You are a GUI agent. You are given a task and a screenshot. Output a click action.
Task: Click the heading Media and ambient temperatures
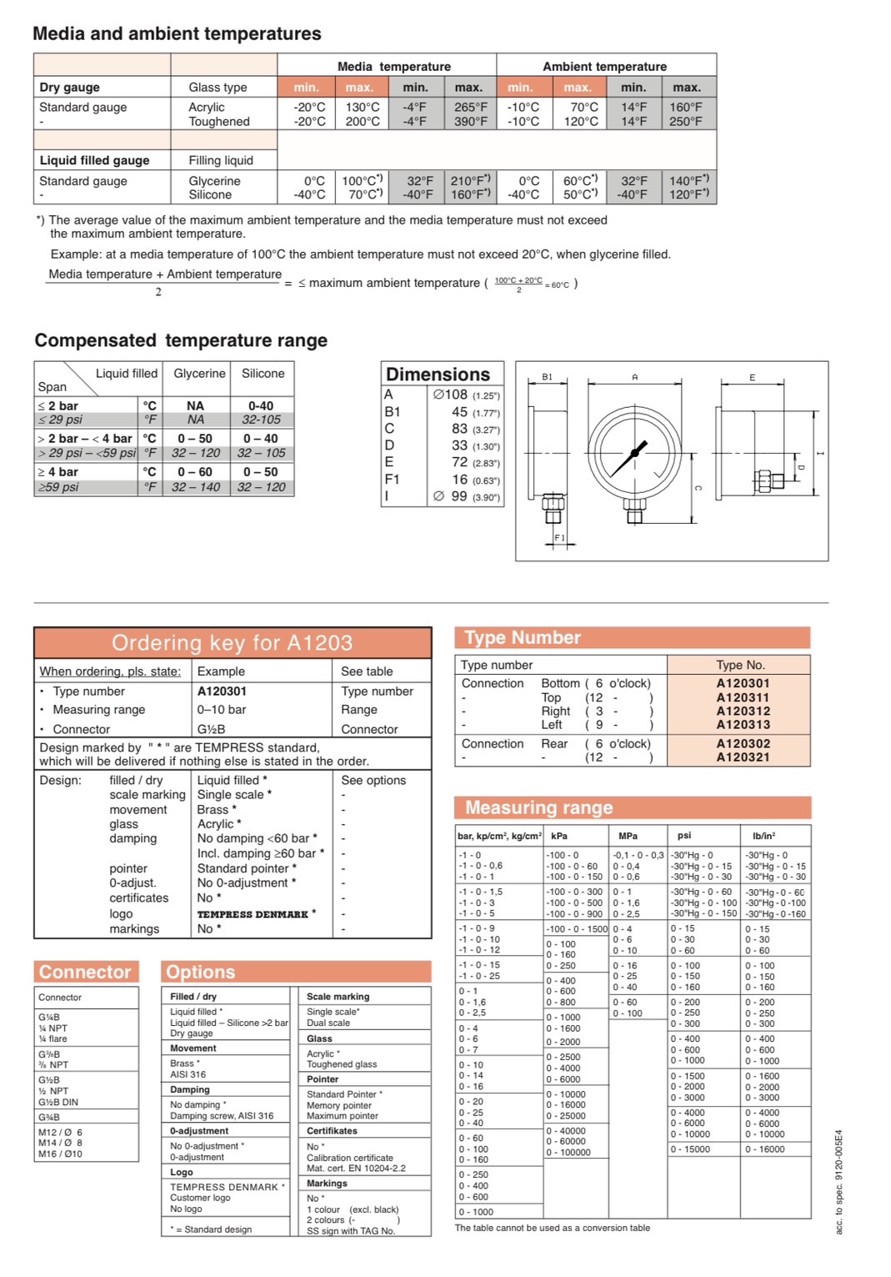point(177,34)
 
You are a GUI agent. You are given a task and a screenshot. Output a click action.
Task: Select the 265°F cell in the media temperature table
point(470,108)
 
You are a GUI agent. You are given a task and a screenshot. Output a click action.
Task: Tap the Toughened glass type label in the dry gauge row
point(219,122)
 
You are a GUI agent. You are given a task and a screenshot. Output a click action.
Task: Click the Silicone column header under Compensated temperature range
point(263,374)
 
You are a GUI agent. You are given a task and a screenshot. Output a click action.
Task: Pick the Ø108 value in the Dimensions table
point(450,395)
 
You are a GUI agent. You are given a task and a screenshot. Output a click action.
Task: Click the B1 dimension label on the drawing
point(547,377)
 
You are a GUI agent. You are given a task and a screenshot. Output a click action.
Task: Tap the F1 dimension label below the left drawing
point(559,538)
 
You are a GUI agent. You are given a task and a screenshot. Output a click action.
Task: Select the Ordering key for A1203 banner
point(233,643)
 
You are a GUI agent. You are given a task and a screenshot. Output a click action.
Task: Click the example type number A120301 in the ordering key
point(222,691)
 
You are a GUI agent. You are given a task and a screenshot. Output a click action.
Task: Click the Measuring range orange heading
point(539,807)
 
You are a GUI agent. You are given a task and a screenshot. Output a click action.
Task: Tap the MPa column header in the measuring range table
point(628,836)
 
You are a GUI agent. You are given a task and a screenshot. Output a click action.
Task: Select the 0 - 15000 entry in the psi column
point(691,1149)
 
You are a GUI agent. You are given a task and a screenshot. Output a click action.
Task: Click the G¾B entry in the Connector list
point(49,1117)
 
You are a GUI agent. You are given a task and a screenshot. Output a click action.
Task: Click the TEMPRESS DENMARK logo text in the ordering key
point(253,914)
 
